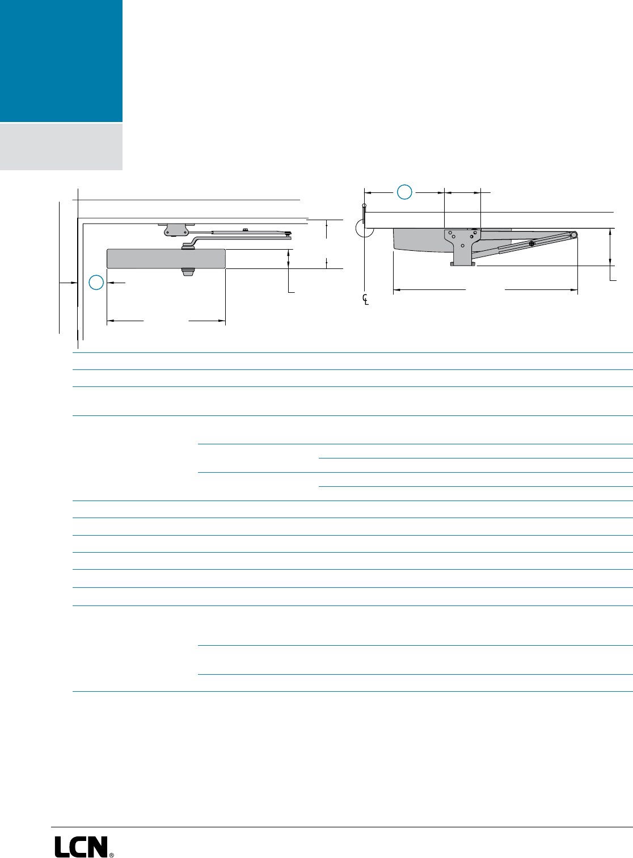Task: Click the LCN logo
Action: pos(81,846)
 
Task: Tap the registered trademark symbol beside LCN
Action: pos(111,853)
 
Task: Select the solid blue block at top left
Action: pos(61,60)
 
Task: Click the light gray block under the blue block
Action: pos(61,146)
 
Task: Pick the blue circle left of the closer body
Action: pos(97,282)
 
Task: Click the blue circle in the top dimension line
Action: pos(404,192)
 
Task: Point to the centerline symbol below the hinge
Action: pos(366,299)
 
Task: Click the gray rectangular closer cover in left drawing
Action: pos(166,258)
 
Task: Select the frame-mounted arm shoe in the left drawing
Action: pos(176,229)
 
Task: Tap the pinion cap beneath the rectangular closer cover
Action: pos(187,273)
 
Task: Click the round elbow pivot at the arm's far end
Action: pos(574,235)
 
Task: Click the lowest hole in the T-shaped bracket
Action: pos(463,245)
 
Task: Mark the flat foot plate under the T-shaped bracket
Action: pos(463,263)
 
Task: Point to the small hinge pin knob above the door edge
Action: pos(364,205)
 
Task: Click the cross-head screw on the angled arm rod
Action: pos(531,244)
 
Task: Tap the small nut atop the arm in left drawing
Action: pos(244,229)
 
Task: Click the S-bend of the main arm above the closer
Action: pos(191,242)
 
